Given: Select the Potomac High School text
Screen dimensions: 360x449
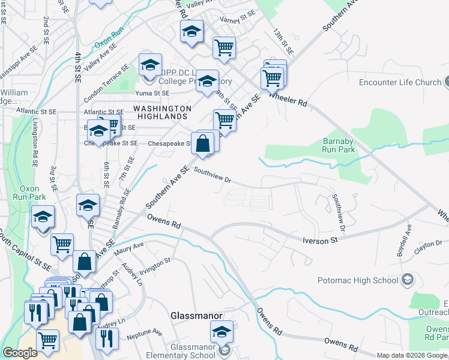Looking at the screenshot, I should click(358, 280).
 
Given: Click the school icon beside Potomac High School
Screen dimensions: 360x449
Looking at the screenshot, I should click(408, 280).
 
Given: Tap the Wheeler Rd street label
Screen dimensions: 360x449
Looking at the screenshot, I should click(289, 99).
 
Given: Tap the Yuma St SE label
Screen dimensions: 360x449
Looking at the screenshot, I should click(153, 94).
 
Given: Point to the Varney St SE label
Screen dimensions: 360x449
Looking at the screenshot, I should click(237, 19).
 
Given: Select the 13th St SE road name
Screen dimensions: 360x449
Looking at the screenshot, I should click(282, 42).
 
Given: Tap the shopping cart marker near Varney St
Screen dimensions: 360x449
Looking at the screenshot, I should click(224, 47).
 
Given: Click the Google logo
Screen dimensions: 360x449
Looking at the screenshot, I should click(20, 353).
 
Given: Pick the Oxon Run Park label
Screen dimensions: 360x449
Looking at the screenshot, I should click(29, 192).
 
